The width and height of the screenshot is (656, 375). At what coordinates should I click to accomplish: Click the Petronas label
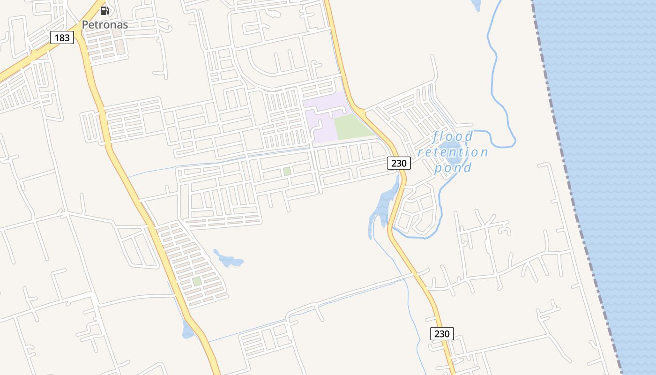(x=105, y=25)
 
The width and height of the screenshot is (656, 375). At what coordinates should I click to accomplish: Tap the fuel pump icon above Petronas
(x=105, y=10)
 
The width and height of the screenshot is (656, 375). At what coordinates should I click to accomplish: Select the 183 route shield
(x=62, y=37)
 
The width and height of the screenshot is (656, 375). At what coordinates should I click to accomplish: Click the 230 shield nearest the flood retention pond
(x=399, y=163)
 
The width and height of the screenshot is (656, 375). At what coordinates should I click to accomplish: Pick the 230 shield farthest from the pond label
(x=442, y=333)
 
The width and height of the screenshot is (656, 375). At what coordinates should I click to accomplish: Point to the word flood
(x=453, y=137)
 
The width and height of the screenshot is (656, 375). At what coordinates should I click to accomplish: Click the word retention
(x=453, y=152)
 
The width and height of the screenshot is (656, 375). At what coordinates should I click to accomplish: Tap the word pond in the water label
(x=453, y=167)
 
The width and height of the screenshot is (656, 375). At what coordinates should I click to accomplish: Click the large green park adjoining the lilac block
(x=352, y=127)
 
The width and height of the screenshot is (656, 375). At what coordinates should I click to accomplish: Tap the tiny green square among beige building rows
(x=197, y=281)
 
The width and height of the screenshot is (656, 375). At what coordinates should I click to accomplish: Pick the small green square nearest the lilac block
(x=287, y=172)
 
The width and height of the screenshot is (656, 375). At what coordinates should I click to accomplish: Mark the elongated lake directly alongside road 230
(x=383, y=206)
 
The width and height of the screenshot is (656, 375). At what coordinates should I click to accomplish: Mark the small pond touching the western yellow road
(x=187, y=330)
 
